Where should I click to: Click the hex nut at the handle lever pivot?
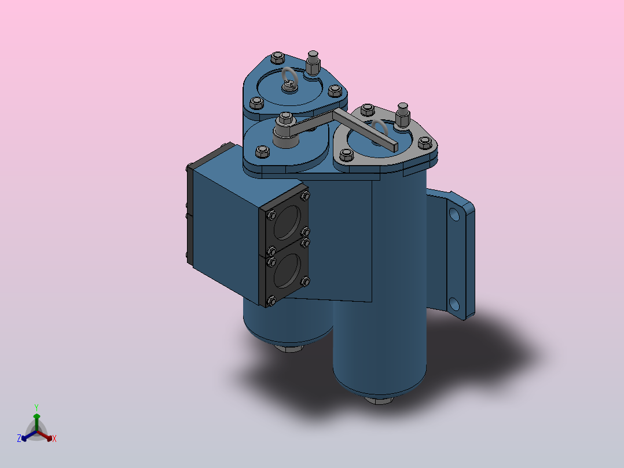click(x=284, y=120)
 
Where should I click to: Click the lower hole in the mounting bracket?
click(x=454, y=304)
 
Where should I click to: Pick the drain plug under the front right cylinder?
click(x=380, y=400)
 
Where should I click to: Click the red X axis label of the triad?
click(x=54, y=439)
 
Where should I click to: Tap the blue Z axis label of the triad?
click(x=19, y=439)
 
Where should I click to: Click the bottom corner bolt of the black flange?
click(x=270, y=301)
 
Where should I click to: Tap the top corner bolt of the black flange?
click(x=305, y=195)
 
